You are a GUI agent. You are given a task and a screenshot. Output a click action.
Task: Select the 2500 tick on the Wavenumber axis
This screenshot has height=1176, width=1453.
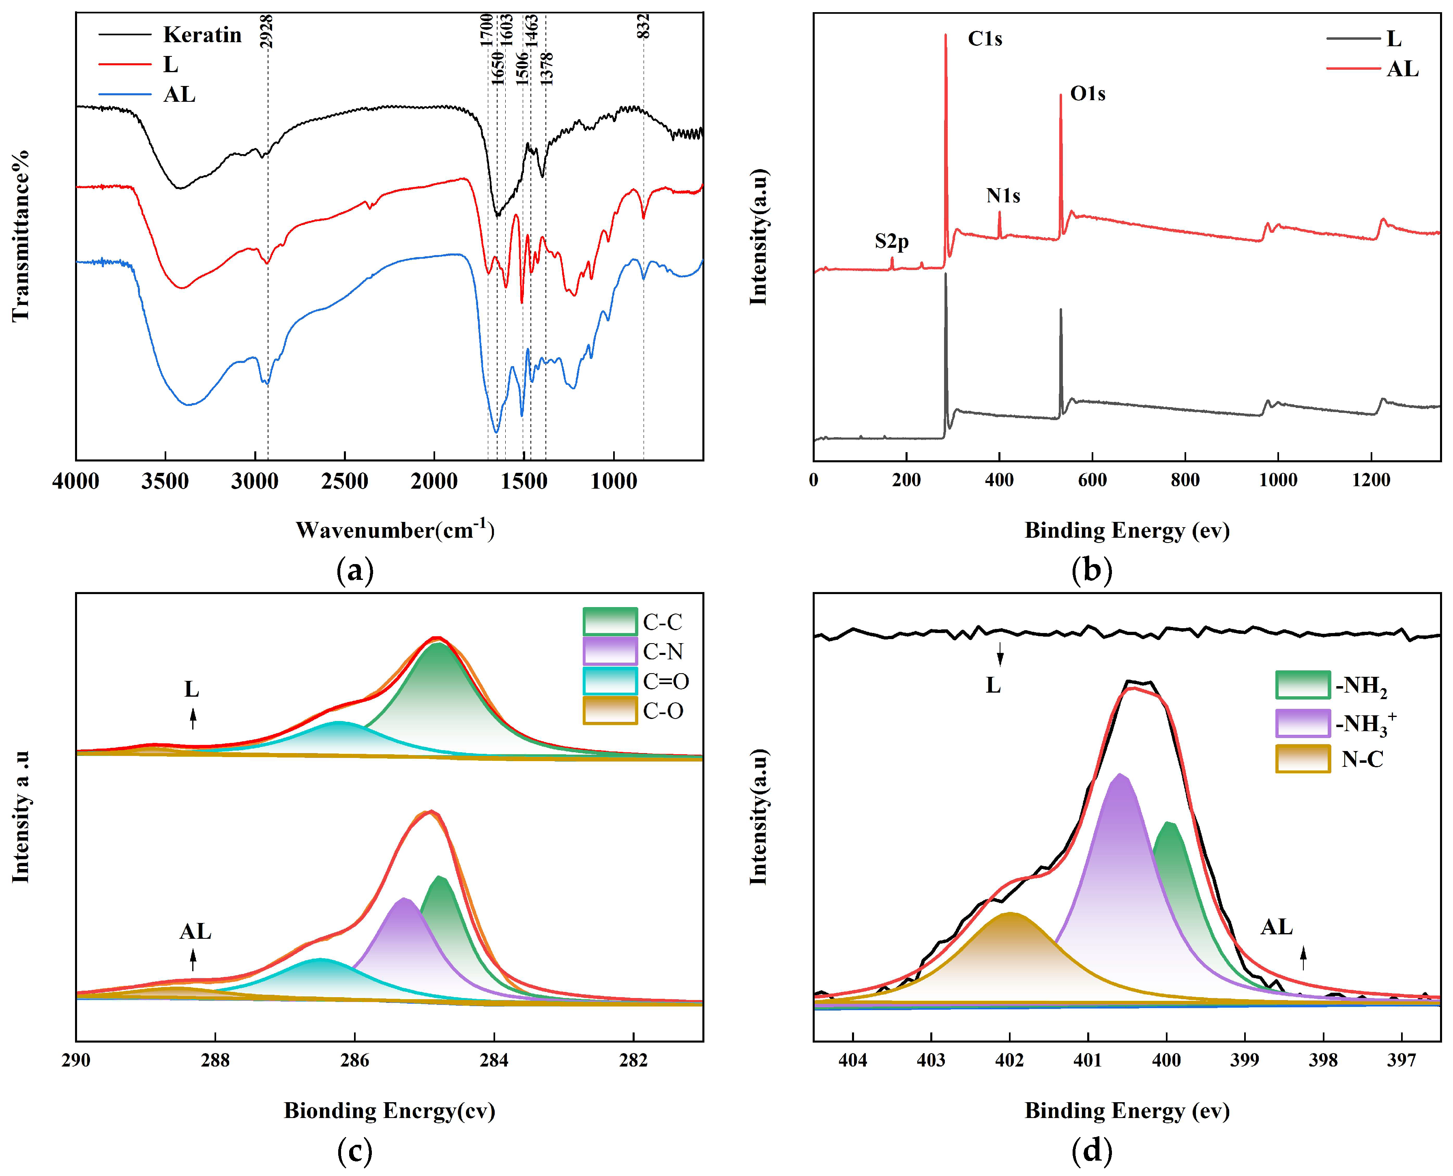(344, 482)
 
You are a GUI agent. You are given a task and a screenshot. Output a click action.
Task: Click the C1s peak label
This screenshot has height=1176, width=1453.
(984, 39)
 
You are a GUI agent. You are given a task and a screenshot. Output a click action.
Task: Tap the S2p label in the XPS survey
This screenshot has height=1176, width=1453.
(891, 241)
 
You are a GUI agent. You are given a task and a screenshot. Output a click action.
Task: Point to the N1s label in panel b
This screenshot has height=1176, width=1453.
(1002, 196)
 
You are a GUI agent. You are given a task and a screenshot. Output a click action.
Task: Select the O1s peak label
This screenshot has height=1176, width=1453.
(1087, 94)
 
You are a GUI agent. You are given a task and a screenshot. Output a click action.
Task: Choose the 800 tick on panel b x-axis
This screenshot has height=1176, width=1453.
(1185, 480)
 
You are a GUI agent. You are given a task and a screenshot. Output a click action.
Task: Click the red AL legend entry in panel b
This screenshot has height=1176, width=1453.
(1402, 69)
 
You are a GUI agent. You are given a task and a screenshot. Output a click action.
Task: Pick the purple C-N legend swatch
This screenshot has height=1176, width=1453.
(610, 651)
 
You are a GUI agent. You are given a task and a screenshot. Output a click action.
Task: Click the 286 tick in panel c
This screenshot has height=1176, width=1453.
(354, 1060)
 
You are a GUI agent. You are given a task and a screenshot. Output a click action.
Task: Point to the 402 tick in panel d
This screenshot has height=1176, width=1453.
(1009, 1060)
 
